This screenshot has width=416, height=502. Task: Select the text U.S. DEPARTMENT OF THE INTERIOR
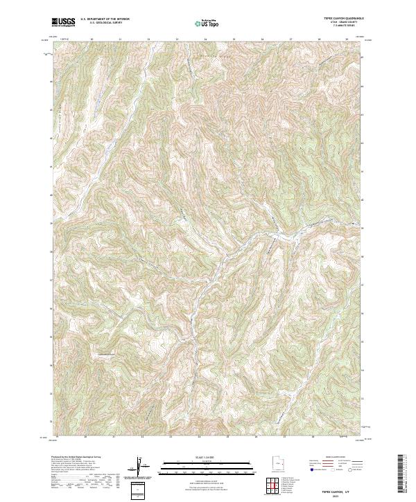(105, 19)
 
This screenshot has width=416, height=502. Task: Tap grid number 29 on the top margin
(346, 39)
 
